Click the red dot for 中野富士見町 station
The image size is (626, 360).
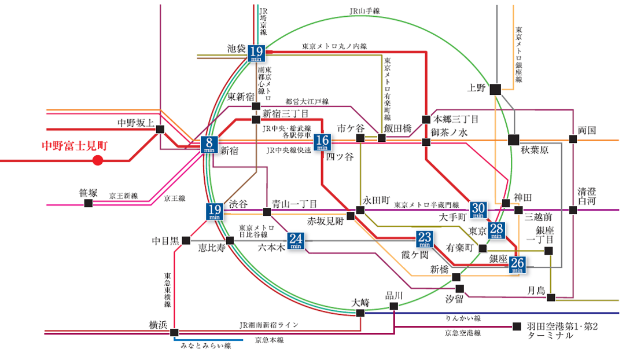98,160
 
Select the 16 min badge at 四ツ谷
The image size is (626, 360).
322,142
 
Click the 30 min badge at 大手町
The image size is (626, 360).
478,210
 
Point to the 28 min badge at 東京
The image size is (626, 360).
496,230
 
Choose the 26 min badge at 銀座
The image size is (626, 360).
517,264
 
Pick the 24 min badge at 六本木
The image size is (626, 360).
296,240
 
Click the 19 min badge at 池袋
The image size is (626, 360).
256,53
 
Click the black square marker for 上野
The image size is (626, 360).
495,89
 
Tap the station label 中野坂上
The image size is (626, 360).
136,123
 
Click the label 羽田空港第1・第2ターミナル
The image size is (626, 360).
562,330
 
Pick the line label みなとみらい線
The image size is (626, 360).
206,346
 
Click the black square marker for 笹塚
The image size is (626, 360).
88,203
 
